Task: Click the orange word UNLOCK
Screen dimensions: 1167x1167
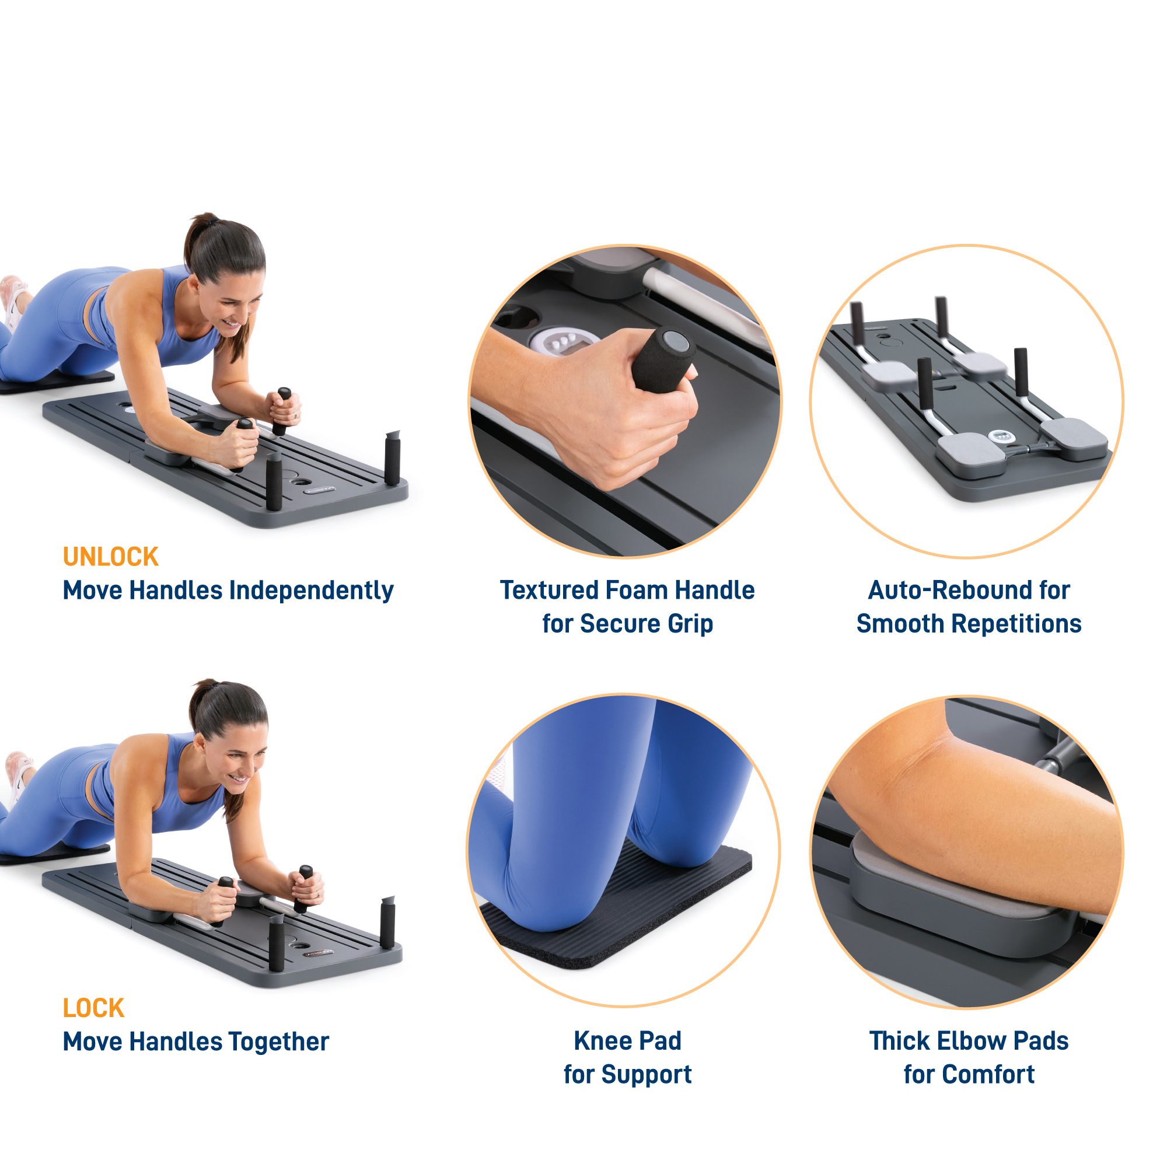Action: (110, 557)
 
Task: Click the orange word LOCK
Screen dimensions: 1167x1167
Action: (93, 1008)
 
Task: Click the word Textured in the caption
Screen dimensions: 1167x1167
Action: (548, 590)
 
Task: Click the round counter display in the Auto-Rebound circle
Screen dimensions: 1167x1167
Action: (1000, 435)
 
